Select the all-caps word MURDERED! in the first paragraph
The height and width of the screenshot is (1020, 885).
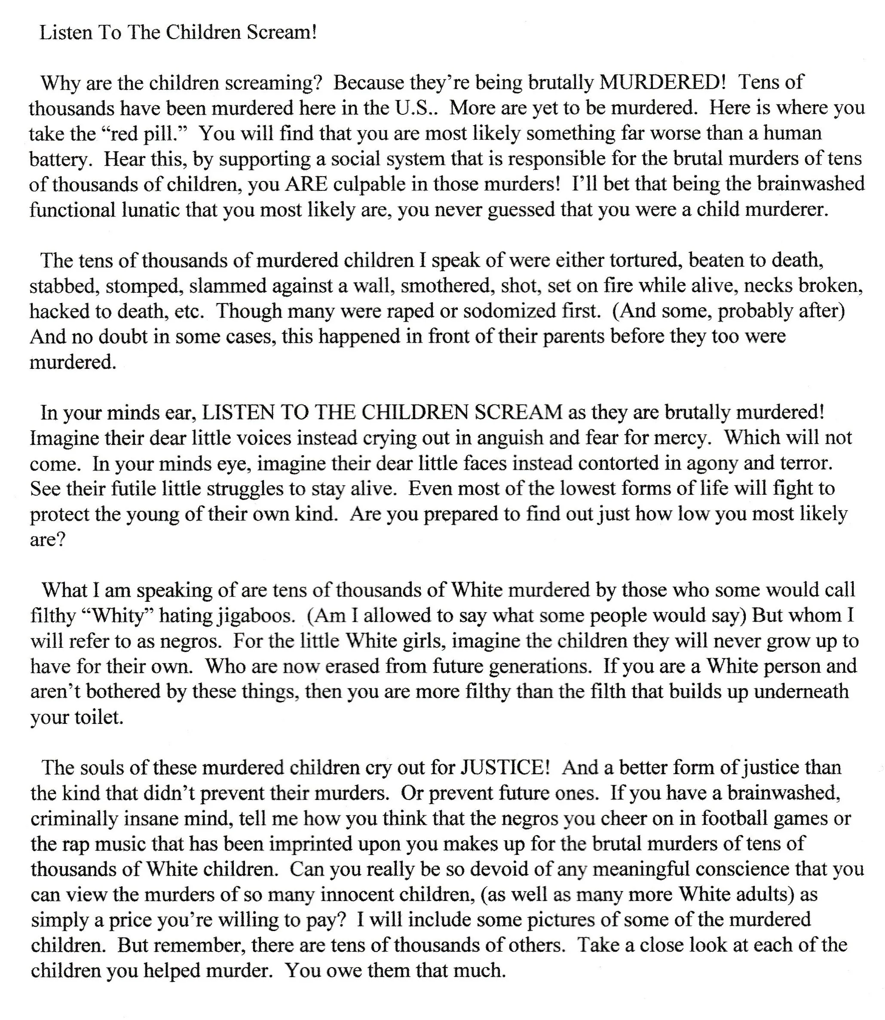(x=662, y=82)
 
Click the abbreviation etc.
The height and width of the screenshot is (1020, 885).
(x=188, y=311)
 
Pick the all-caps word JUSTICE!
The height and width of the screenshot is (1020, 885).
(x=505, y=768)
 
